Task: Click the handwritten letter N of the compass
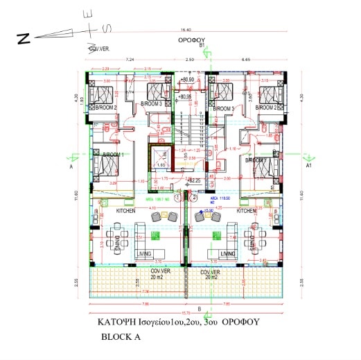click(x=24, y=40)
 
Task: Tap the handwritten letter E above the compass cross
click(x=87, y=15)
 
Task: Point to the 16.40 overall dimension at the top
click(x=186, y=30)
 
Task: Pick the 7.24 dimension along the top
click(x=129, y=60)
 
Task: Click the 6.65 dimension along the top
click(x=246, y=60)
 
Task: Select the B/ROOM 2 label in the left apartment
click(x=107, y=108)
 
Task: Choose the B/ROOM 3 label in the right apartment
click(x=224, y=109)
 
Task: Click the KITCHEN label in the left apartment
click(x=105, y=210)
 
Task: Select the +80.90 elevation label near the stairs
click(x=186, y=81)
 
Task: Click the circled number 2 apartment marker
click(x=186, y=198)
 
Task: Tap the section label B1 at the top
click(x=202, y=46)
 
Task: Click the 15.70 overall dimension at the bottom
click(x=186, y=312)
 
